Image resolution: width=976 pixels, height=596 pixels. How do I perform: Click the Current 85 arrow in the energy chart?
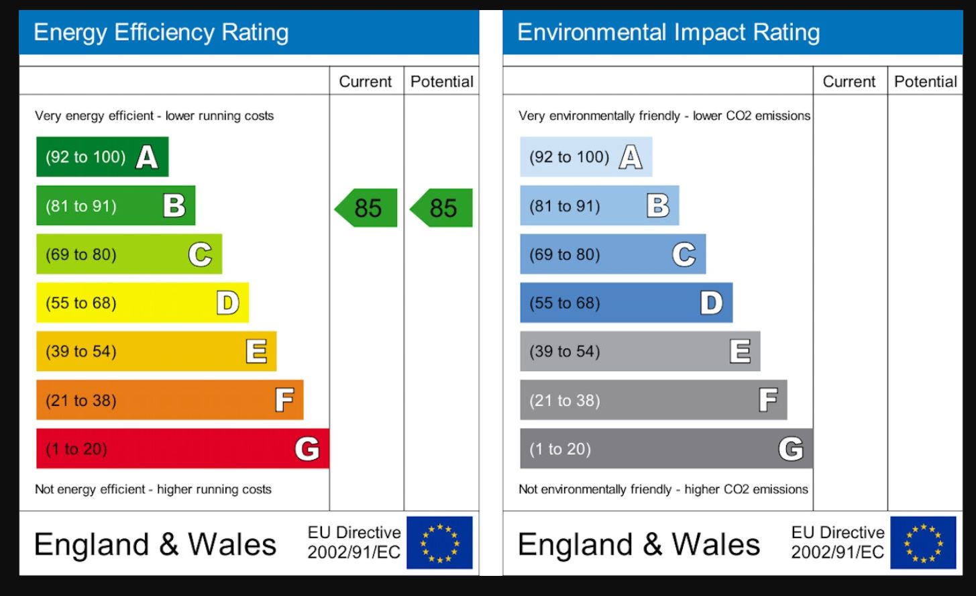pyautogui.click(x=367, y=208)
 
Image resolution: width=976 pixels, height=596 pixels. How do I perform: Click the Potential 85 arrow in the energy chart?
pyautogui.click(x=442, y=208)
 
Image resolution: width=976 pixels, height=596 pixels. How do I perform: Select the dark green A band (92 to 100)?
pyautogui.click(x=102, y=157)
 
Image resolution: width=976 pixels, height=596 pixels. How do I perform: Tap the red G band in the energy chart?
pyautogui.click(x=182, y=448)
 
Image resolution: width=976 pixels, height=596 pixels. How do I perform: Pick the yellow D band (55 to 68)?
pyautogui.click(x=142, y=303)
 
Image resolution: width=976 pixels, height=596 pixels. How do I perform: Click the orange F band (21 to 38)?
pyautogui.click(x=170, y=400)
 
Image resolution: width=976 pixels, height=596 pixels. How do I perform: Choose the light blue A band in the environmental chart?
pyautogui.click(x=586, y=157)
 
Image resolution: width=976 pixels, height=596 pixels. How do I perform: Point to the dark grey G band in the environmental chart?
pyautogui.click(x=666, y=448)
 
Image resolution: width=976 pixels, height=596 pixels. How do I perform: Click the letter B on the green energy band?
pyautogui.click(x=174, y=205)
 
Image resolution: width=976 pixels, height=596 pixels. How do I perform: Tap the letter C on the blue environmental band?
pyautogui.click(x=684, y=254)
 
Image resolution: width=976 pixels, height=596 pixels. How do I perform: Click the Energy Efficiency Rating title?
pyautogui.click(x=161, y=32)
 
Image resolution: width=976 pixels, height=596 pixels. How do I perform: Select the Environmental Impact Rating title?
pyautogui.click(x=669, y=32)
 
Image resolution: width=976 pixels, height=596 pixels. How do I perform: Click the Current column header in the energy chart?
pyautogui.click(x=366, y=81)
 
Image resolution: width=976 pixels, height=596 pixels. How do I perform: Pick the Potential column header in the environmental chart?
pyautogui.click(x=926, y=81)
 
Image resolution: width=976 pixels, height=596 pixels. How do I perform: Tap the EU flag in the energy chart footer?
pyautogui.click(x=440, y=542)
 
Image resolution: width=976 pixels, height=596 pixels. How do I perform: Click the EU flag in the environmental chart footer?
pyautogui.click(x=923, y=542)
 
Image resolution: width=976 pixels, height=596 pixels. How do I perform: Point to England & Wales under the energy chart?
pyautogui.click(x=155, y=544)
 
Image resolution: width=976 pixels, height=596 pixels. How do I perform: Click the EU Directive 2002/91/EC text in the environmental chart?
pyautogui.click(x=838, y=542)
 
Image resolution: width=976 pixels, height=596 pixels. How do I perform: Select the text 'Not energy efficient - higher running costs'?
pyautogui.click(x=153, y=489)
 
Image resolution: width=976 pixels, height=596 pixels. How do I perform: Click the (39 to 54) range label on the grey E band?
pyautogui.click(x=565, y=352)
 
